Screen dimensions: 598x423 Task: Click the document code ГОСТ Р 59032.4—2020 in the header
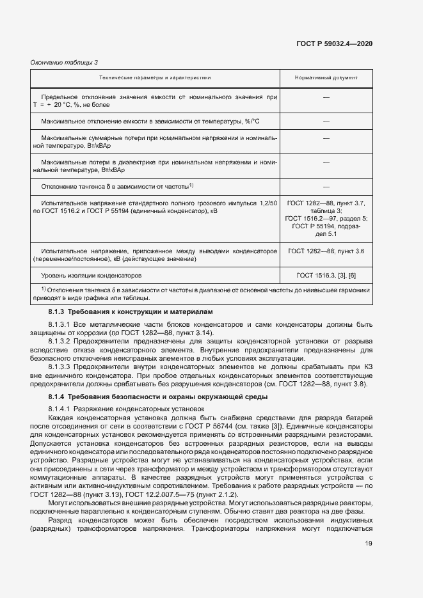pyautogui.click(x=335, y=43)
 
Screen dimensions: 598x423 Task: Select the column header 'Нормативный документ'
pyautogui.click(x=326, y=77)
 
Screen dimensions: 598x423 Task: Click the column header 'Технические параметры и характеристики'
pyautogui.click(x=155, y=77)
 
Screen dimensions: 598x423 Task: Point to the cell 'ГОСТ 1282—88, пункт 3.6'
pyautogui.click(x=326, y=251)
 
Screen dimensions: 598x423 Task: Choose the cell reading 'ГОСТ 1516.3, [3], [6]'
pyautogui.click(x=326, y=275)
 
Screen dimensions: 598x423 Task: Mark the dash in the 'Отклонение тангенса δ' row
pyautogui.click(x=326, y=186)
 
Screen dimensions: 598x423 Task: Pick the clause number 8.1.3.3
pyautogui.click(x=60, y=367)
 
